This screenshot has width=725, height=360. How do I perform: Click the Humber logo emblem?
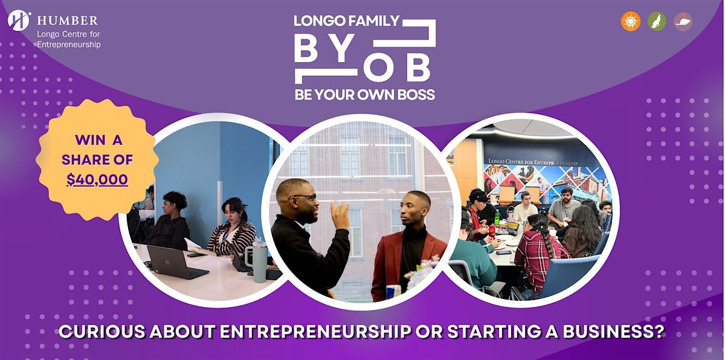tap(19, 21)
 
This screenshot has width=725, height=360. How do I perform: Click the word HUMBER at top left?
tap(67, 21)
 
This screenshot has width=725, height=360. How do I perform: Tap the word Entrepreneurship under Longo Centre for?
tap(69, 44)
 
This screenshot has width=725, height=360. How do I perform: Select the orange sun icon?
tap(631, 21)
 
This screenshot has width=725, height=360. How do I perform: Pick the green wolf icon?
tap(657, 21)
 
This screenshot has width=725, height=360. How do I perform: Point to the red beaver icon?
tap(683, 22)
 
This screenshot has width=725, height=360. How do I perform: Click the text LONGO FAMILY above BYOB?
tap(347, 21)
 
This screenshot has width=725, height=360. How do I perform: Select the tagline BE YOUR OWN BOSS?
tap(365, 95)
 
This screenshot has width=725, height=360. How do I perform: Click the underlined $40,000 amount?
tap(97, 180)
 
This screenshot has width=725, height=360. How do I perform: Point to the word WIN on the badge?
tap(89, 140)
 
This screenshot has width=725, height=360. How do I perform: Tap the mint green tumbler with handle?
tap(257, 263)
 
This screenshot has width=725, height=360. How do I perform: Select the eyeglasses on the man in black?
tap(305, 197)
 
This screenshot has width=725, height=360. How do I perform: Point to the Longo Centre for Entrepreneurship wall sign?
tap(533, 162)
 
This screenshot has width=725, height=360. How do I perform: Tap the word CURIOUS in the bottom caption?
tap(102, 331)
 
